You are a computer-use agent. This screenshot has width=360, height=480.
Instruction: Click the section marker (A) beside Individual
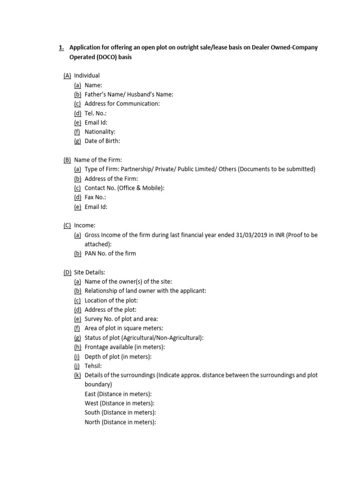pyautogui.click(x=67, y=75)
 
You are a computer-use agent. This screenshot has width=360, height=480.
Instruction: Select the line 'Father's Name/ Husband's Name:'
pyautogui.click(x=129, y=94)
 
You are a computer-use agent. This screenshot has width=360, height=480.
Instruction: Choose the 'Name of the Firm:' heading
pyautogui.click(x=98, y=160)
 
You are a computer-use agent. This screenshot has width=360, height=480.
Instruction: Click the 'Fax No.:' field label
pyautogui.click(x=96, y=197)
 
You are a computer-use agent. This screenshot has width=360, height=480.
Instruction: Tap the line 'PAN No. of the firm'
pyautogui.click(x=110, y=254)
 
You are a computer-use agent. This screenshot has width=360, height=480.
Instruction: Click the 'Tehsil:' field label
pyautogui.click(x=93, y=366)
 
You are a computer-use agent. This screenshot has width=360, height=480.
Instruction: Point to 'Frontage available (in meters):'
pyautogui.click(x=125, y=347)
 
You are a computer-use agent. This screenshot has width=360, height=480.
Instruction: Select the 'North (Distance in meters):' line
pyautogui.click(x=120, y=422)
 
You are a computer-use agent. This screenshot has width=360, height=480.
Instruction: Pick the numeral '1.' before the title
pyautogui.click(x=61, y=47)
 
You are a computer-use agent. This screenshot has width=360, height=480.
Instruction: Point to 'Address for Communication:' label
pyautogui.click(x=122, y=104)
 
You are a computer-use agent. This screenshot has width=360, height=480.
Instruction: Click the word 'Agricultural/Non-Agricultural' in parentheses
pyautogui.click(x=161, y=337)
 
